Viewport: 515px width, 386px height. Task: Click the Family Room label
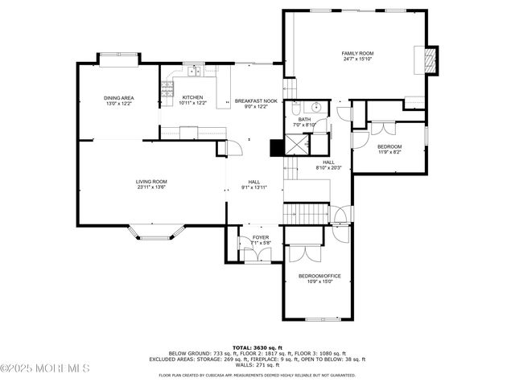coord(358,53)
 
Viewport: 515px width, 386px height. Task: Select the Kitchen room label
coord(192,98)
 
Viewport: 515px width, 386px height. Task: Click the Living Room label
coord(150,182)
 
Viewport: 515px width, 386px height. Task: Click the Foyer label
coord(261,237)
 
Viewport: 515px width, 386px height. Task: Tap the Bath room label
coord(305,120)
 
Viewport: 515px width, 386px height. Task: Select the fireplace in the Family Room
coord(430,59)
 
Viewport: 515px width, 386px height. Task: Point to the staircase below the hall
coord(304,214)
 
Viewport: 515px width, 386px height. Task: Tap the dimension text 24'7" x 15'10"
coord(358,59)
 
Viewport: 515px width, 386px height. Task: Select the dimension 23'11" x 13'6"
coord(150,187)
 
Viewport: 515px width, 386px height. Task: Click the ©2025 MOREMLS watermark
coord(44,368)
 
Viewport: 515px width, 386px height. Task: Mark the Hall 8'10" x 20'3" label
coord(329,165)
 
